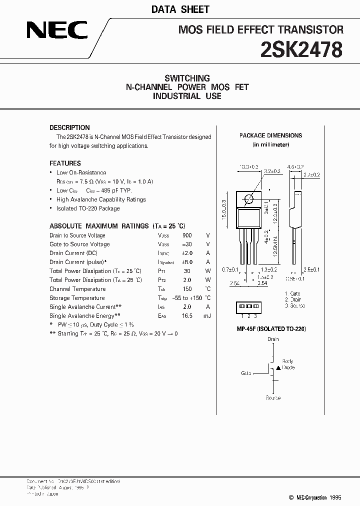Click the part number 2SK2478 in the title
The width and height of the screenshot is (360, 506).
pyautogui.click(x=302, y=50)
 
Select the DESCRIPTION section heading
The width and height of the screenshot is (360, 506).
pyautogui.click(x=69, y=127)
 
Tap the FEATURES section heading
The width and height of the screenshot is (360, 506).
pyautogui.click(x=65, y=163)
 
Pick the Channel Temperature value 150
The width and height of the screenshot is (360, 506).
pyautogui.click(x=187, y=289)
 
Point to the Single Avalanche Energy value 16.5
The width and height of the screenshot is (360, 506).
pyautogui.click(x=187, y=316)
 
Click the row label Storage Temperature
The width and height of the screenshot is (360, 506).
pyautogui.click(x=77, y=298)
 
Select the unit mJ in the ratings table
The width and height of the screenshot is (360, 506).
pyautogui.click(x=207, y=316)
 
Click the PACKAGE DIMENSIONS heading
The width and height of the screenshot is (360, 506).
pyautogui.click(x=270, y=135)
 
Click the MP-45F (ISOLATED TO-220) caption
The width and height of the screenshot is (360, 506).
pyautogui.click(x=271, y=329)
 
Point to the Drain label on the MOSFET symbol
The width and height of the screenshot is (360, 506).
pyautogui.click(x=272, y=339)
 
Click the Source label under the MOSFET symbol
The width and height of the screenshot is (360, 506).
pyautogui.click(x=273, y=397)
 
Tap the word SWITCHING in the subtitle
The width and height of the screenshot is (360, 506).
pyautogui.click(x=187, y=78)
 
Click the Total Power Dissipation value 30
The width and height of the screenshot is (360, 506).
pyautogui.click(x=187, y=271)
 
